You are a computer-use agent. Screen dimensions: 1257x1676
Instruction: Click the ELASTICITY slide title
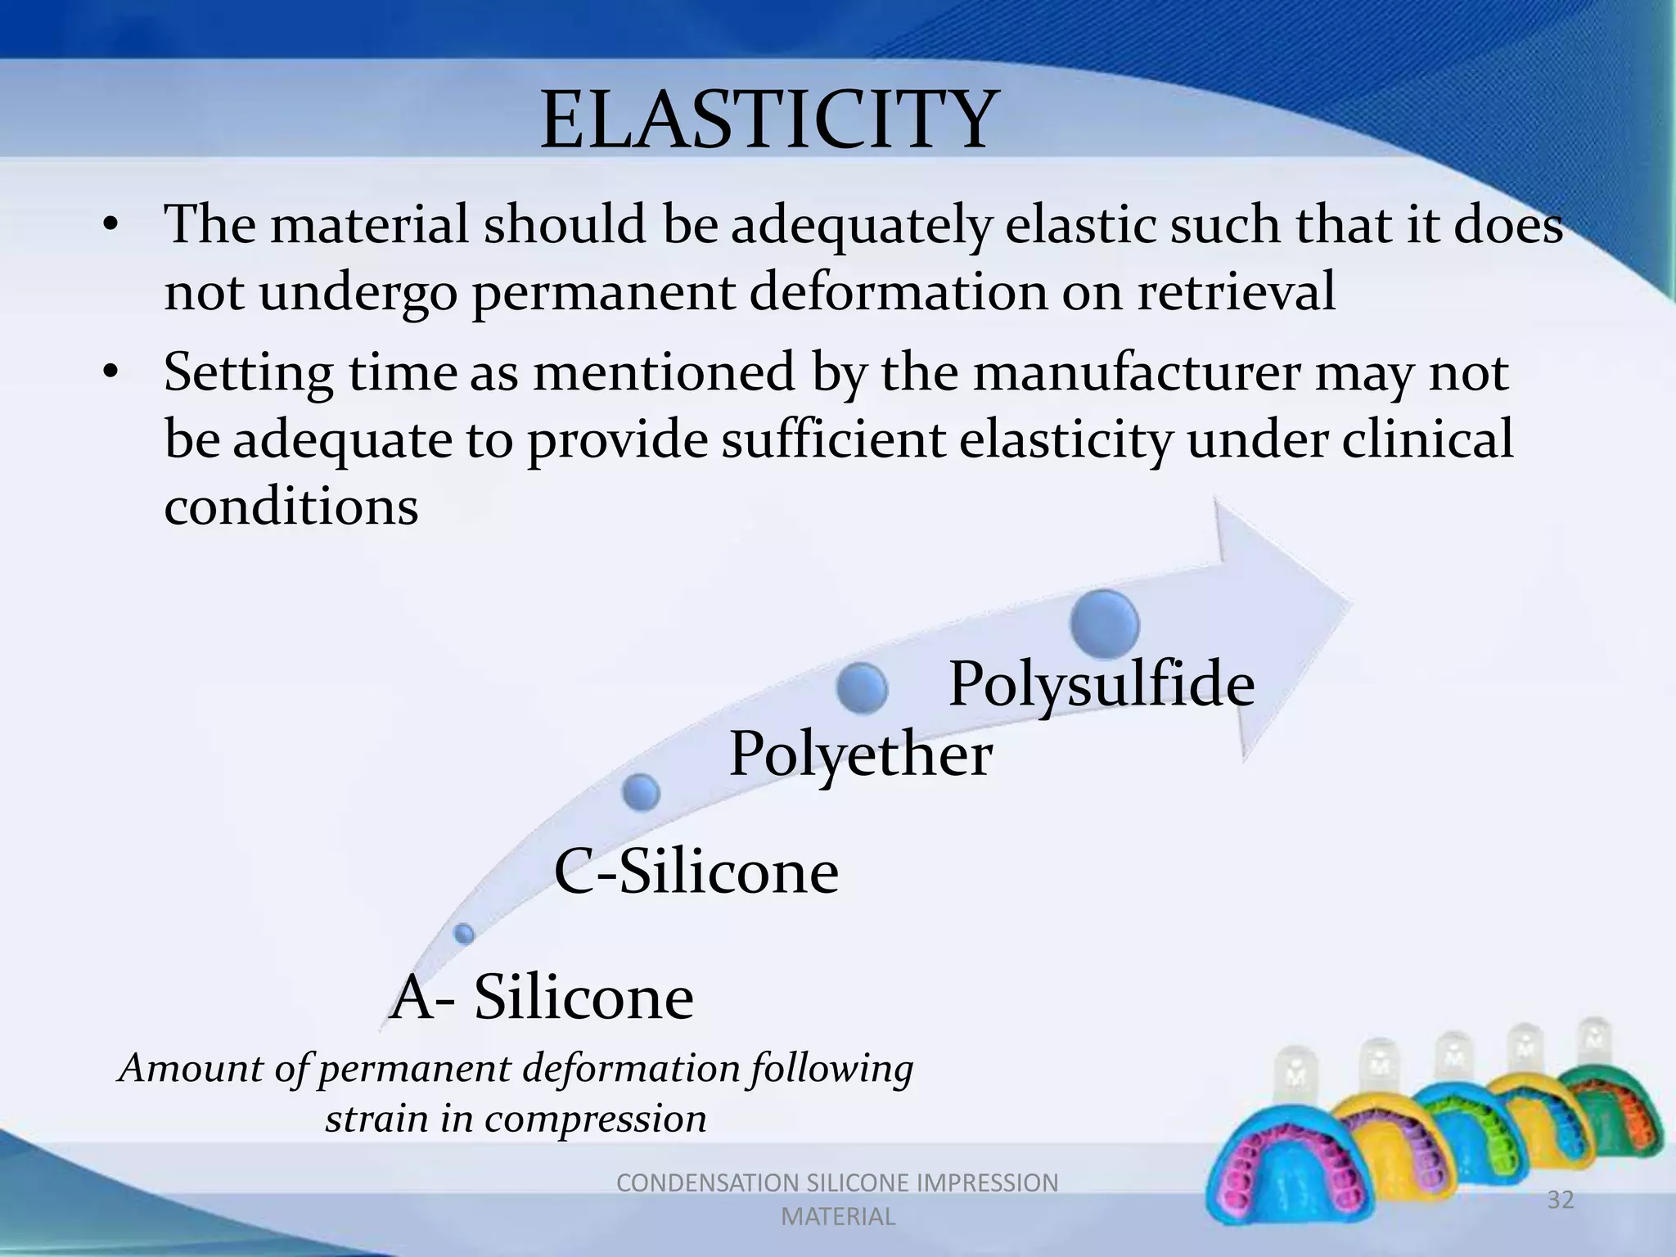point(769,121)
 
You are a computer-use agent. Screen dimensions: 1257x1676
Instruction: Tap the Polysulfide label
point(1101,684)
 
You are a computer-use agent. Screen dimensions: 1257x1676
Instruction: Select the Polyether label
point(860,754)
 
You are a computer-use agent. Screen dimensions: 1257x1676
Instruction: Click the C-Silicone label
point(696,872)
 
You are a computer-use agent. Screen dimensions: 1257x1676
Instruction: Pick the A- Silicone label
point(542,998)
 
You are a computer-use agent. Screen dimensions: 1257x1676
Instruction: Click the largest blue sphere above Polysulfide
point(1104,624)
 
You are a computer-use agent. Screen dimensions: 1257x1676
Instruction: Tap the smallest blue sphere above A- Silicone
point(464,934)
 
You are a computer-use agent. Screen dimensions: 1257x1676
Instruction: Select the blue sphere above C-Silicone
point(641,792)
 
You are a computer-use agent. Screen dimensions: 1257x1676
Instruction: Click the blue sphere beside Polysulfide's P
point(863,688)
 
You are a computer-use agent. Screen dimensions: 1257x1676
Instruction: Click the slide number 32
point(1560,1201)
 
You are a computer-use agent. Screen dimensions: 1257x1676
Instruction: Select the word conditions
point(291,507)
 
